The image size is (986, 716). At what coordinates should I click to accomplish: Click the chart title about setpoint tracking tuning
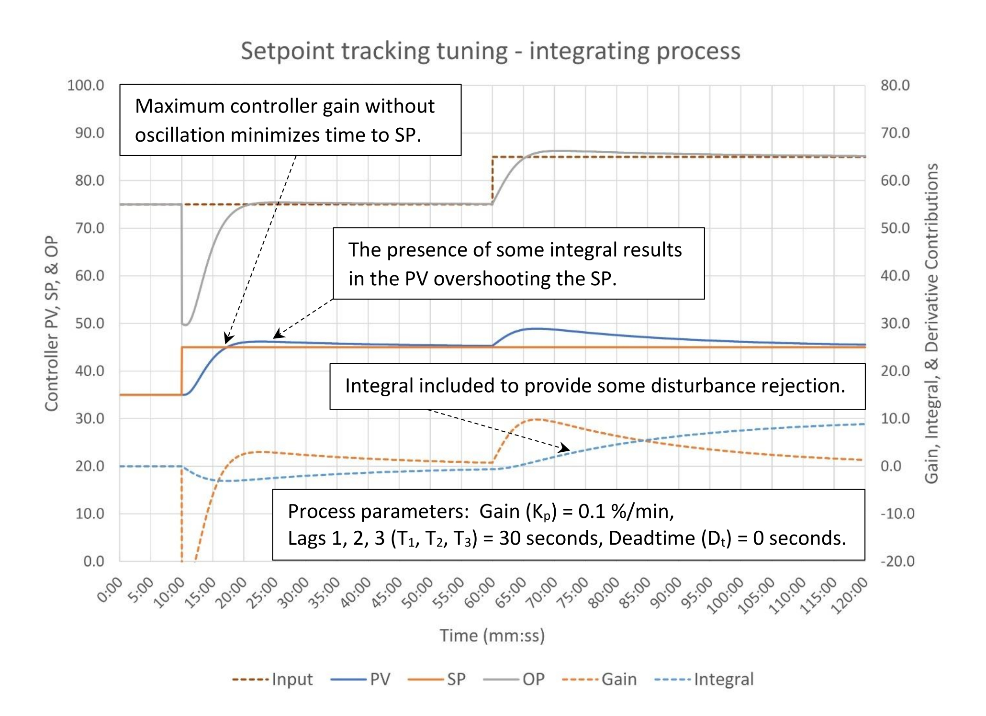click(x=490, y=51)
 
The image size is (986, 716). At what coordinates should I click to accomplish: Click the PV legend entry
click(x=380, y=680)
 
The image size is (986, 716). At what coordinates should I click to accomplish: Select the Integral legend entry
click(x=723, y=680)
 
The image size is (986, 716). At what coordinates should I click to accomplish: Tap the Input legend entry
click(x=292, y=680)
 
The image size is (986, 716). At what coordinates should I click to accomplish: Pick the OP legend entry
click(x=533, y=680)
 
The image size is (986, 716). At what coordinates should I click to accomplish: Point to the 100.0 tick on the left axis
click(x=86, y=86)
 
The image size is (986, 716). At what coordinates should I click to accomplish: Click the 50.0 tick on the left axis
click(x=90, y=324)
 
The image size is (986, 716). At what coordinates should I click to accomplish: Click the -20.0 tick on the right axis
click(x=897, y=561)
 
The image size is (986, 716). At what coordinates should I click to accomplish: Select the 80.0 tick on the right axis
click(x=895, y=86)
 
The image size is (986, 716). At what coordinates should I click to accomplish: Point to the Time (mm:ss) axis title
click(x=492, y=636)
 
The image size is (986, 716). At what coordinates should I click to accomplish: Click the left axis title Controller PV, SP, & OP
click(x=52, y=324)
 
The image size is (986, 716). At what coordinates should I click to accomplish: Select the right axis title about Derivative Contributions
click(x=931, y=324)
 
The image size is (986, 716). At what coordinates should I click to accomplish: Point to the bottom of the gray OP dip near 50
click(x=186, y=325)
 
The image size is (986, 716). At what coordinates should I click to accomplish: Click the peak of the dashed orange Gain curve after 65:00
click(x=537, y=419)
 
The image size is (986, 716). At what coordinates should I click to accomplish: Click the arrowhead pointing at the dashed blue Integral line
click(x=566, y=448)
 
